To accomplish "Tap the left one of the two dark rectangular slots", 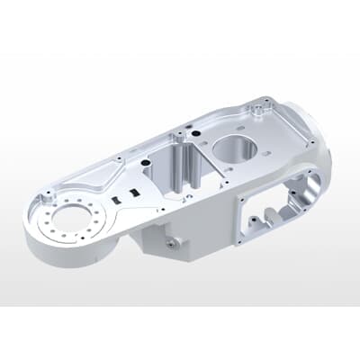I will point(117,199).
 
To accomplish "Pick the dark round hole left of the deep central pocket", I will point(145,164).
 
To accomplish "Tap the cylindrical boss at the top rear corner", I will point(261,108).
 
